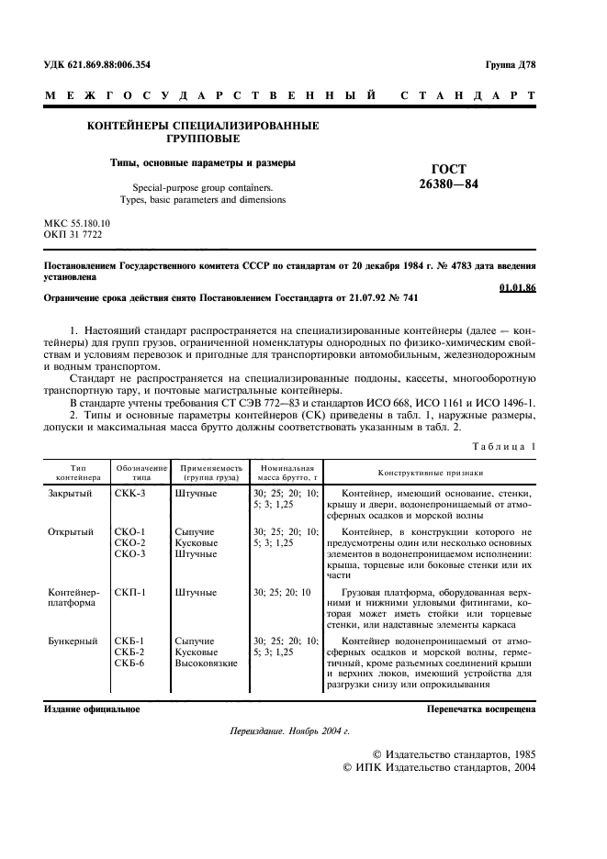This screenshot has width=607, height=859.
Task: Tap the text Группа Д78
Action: [510, 64]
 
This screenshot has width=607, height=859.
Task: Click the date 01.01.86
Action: [517, 287]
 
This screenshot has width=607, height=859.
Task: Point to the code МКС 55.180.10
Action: [77, 223]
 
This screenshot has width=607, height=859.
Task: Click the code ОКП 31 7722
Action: [73, 235]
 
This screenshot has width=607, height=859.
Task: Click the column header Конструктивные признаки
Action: [430, 473]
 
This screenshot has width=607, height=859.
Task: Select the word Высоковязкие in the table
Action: [207, 664]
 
